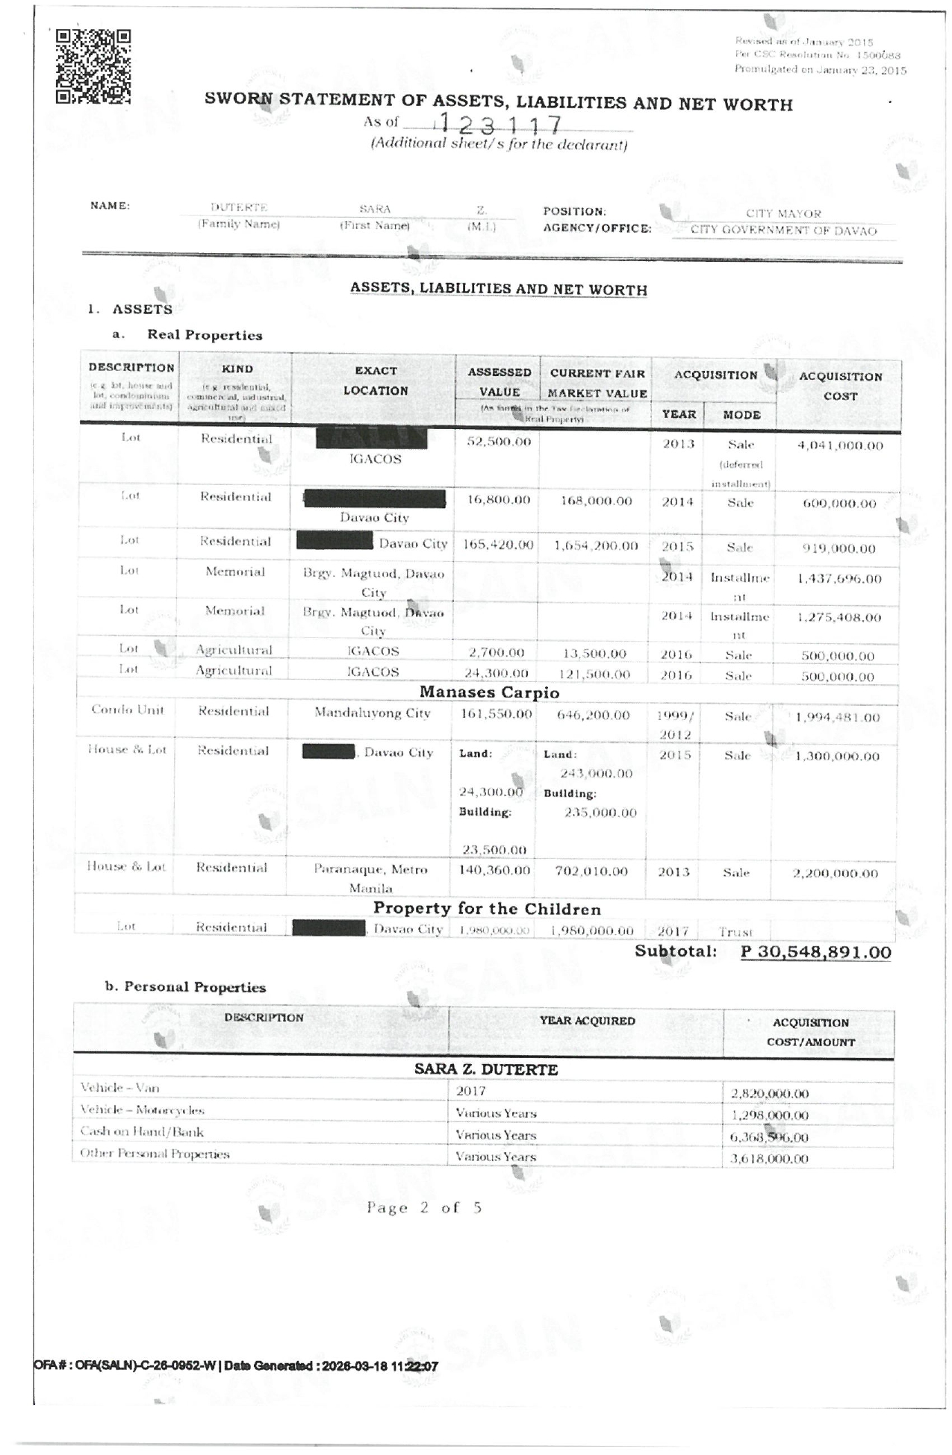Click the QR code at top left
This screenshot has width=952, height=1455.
click(93, 66)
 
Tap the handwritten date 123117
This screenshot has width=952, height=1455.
click(500, 123)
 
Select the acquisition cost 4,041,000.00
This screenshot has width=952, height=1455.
click(839, 445)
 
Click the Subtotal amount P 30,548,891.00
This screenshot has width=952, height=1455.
click(815, 952)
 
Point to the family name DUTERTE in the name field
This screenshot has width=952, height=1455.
click(238, 207)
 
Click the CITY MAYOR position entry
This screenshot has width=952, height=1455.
click(783, 213)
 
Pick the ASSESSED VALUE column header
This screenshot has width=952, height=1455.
click(499, 382)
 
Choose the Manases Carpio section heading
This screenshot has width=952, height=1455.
click(489, 692)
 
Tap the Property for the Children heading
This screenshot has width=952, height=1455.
click(487, 909)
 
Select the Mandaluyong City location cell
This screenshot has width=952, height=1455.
click(372, 713)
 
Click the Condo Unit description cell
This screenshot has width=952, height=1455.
click(128, 710)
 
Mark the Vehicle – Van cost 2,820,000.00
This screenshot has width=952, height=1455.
click(769, 1094)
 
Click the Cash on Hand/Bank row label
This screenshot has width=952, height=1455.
click(142, 1132)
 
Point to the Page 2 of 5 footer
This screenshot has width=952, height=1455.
click(424, 1208)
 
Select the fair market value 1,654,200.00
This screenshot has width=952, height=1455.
click(595, 545)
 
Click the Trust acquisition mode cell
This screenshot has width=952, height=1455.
click(735, 932)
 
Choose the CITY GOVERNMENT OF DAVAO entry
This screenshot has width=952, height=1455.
click(783, 231)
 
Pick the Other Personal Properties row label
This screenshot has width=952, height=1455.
click(155, 1154)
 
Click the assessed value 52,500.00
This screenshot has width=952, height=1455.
click(498, 442)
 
